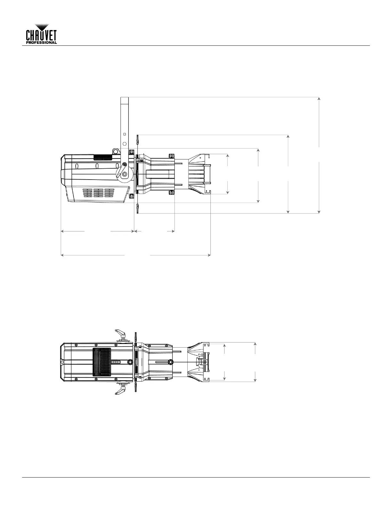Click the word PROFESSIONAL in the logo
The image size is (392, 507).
[x=41, y=43]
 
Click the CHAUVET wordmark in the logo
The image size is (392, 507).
[x=41, y=36]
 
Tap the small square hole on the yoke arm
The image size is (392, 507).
[x=125, y=134]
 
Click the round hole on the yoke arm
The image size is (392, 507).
[x=125, y=144]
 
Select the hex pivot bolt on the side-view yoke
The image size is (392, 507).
[x=125, y=174]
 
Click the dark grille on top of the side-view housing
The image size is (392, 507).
[x=103, y=157]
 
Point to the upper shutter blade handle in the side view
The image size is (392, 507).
[x=138, y=140]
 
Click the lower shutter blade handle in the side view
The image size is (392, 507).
[x=138, y=209]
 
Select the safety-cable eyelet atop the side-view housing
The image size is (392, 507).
[x=115, y=151]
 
